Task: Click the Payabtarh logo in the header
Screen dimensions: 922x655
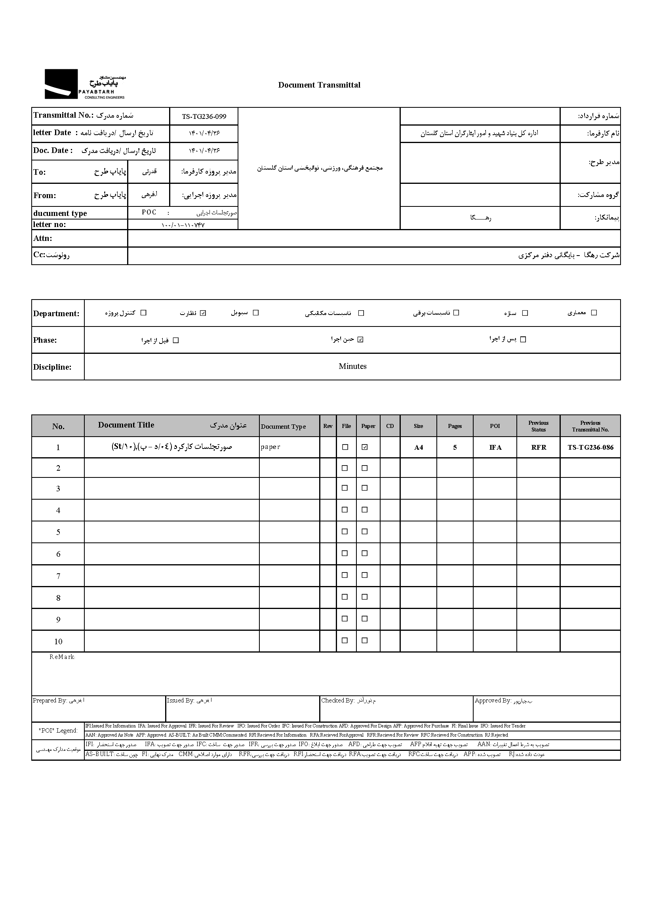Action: point(85,84)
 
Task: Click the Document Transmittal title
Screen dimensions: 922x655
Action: point(319,85)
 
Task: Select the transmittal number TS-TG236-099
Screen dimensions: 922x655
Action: point(204,116)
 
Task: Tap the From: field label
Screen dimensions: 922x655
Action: point(45,196)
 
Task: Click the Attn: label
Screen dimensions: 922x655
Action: point(43,239)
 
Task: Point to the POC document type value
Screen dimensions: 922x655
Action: point(149,212)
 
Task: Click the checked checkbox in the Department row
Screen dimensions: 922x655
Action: point(203,313)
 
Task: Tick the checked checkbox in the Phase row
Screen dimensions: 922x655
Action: point(361,340)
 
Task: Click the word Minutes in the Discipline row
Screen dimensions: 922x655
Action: point(352,367)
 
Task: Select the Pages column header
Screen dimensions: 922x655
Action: point(455,426)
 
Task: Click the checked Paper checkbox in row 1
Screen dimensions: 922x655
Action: point(365,447)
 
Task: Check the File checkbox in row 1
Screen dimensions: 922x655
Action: point(345,447)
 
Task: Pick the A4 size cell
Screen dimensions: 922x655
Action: point(418,447)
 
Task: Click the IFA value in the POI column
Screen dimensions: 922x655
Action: point(495,447)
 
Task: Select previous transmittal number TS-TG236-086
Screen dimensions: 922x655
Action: point(590,447)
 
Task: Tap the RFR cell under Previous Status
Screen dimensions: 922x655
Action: point(539,447)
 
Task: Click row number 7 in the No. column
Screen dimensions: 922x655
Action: point(58,576)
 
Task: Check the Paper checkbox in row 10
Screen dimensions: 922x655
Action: point(365,640)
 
